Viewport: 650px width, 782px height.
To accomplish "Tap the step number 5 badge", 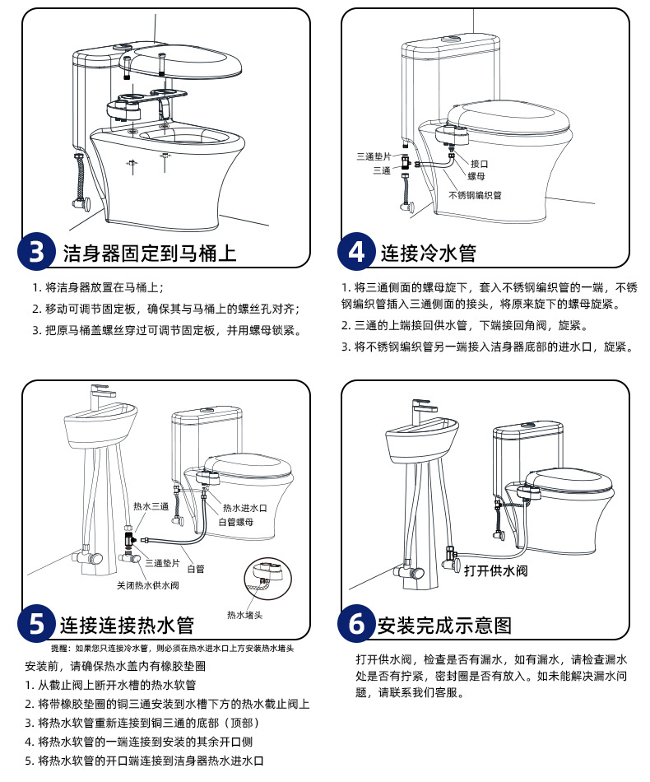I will (x=37, y=624).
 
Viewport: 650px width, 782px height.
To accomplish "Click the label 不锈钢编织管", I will (x=475, y=195).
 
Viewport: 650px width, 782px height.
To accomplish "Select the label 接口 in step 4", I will (x=479, y=164).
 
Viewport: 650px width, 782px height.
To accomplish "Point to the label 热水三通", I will (x=151, y=506).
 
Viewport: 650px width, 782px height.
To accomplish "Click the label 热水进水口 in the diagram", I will (x=248, y=508).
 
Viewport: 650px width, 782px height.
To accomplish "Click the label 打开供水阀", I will (x=494, y=570).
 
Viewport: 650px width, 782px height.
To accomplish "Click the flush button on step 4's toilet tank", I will (x=451, y=39).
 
